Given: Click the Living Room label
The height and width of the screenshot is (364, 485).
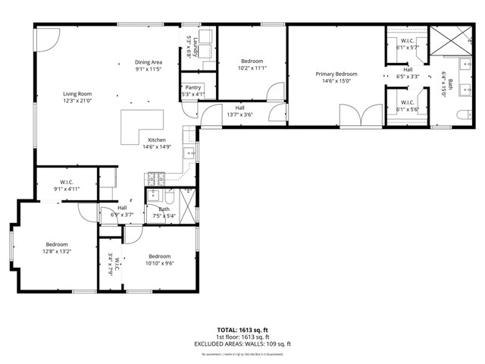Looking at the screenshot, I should (x=77, y=94).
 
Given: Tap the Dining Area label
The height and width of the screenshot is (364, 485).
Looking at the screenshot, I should (x=149, y=62).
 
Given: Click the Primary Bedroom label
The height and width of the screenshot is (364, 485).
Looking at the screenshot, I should (x=336, y=74).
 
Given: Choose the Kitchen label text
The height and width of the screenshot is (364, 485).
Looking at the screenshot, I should (x=157, y=140).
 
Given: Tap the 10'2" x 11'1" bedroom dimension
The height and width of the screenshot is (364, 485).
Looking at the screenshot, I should (x=252, y=67).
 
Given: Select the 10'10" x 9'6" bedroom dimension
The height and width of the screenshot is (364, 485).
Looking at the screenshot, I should (x=160, y=263).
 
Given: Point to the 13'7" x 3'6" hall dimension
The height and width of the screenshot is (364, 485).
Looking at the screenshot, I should (x=239, y=115).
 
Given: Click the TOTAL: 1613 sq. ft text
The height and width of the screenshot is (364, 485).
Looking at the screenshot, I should (x=242, y=330).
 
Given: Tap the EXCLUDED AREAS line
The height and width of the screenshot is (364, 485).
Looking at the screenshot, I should (x=242, y=344).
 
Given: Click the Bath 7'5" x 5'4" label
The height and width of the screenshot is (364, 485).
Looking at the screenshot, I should (x=164, y=212).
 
